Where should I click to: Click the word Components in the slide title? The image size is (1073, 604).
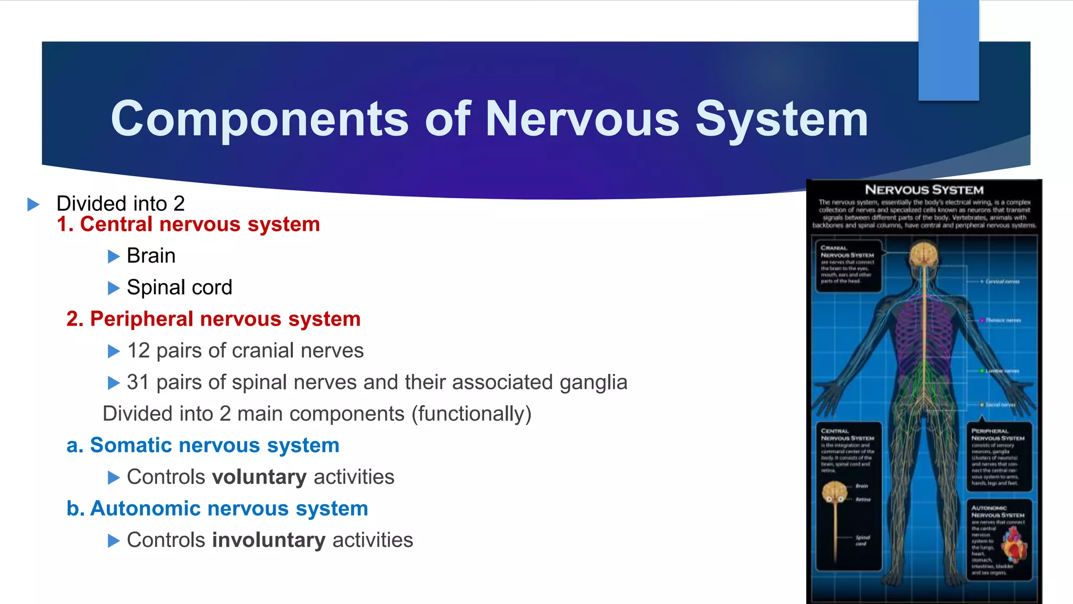click(259, 120)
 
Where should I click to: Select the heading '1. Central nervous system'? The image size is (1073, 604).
click(188, 224)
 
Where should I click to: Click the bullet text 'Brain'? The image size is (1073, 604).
click(151, 256)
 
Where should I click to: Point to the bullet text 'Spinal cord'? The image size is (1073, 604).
click(179, 287)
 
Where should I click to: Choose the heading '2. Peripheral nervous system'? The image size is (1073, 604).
click(213, 319)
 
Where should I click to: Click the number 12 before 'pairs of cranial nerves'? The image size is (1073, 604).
click(138, 351)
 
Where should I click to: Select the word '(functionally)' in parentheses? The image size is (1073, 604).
click(472, 414)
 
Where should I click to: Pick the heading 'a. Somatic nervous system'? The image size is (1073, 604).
click(203, 446)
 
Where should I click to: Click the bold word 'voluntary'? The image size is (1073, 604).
click(259, 477)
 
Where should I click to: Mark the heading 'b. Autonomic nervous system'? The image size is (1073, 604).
click(217, 509)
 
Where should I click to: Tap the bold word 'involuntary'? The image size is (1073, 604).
click(269, 540)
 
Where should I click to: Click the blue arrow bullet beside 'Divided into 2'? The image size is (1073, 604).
click(34, 204)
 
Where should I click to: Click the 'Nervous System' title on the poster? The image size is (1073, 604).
click(924, 190)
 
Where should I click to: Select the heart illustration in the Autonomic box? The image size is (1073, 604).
click(1014, 545)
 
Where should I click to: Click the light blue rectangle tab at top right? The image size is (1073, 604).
click(948, 50)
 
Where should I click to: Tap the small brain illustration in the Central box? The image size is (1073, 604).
click(835, 492)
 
